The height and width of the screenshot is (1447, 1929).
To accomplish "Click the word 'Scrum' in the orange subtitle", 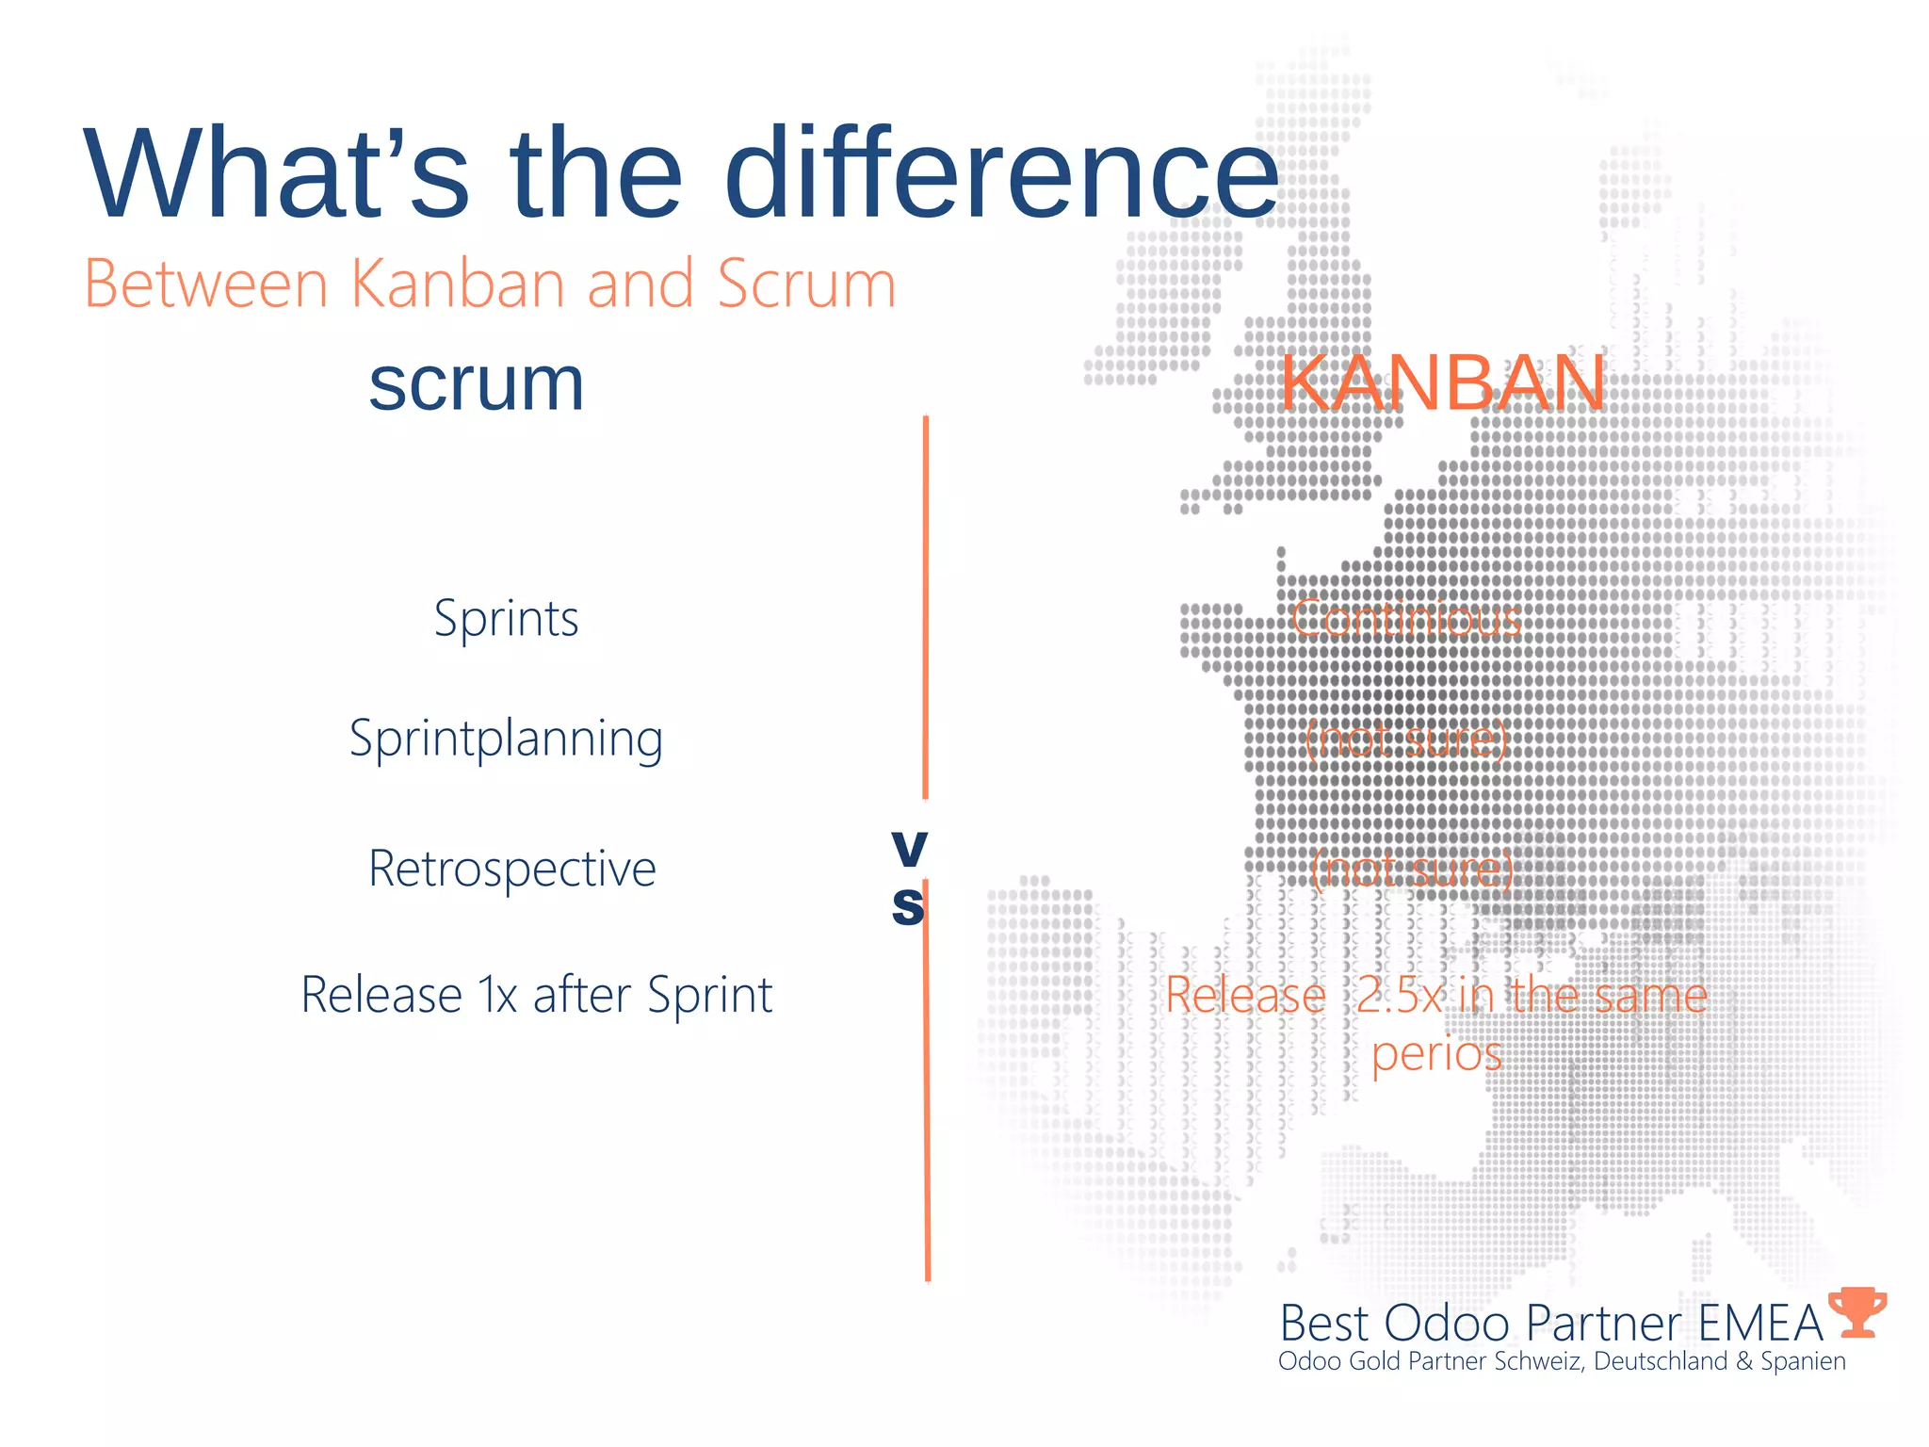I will (x=805, y=284).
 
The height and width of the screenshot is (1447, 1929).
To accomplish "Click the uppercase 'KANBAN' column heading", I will (x=1442, y=383).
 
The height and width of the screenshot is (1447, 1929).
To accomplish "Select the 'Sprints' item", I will (x=506, y=619).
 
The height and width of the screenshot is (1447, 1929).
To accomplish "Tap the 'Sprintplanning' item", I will (x=506, y=740).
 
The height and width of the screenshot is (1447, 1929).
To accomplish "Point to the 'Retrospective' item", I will (x=511, y=869).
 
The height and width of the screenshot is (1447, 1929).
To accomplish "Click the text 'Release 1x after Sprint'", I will (x=536, y=995).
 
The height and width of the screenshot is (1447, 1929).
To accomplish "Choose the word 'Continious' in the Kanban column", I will (x=1405, y=619).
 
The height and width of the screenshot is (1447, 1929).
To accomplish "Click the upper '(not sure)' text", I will (x=1406, y=740).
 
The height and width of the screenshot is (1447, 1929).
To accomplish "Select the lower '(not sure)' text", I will (x=1411, y=870).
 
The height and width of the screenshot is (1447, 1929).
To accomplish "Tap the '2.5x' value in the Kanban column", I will (x=1400, y=996).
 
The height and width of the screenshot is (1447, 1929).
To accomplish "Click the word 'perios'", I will (x=1435, y=1053).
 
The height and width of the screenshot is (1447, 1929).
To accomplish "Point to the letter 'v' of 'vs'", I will (x=909, y=848).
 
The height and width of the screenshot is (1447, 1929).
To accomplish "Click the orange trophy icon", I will (x=1856, y=1312).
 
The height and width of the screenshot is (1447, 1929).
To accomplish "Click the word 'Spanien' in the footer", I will (x=1803, y=1361).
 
